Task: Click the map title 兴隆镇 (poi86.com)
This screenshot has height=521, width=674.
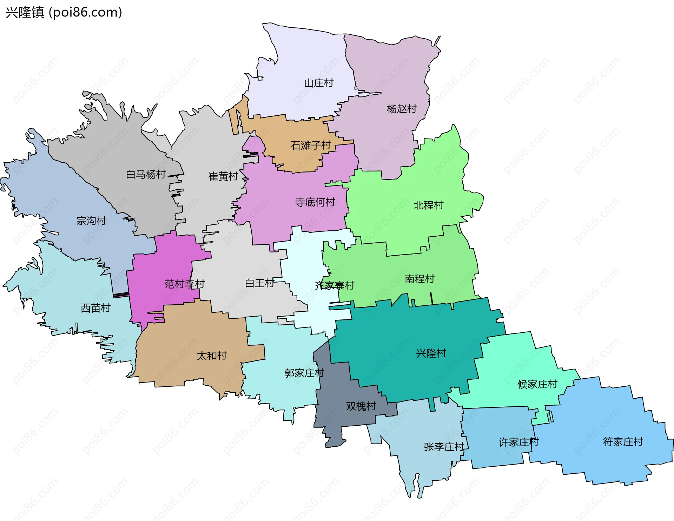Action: coord(64,12)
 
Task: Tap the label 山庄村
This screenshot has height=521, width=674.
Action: coord(318,83)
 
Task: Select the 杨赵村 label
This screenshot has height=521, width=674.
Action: coord(402,109)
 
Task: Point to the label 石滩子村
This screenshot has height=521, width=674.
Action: coord(311,145)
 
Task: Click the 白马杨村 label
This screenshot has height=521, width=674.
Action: coord(146,174)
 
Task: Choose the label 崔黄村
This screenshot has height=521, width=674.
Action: coord(223,176)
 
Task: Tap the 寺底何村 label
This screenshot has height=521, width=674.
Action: coord(315,202)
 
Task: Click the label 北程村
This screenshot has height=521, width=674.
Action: coord(428,205)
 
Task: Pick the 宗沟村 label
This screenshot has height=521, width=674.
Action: coord(91,221)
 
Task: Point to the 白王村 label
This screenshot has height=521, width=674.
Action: coord(259,283)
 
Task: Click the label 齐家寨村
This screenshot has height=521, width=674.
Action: coord(334,285)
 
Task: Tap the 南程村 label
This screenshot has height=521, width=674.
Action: coord(419,279)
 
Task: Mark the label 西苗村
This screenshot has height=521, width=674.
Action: coord(95,308)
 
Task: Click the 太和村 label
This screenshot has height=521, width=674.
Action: coord(212,356)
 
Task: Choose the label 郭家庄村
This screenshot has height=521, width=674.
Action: coord(304,373)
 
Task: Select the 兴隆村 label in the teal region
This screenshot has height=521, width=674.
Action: coord(431,353)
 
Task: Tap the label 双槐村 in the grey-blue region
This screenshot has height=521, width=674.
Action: coord(361,406)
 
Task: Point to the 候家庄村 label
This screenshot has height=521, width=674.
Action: coord(537,384)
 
